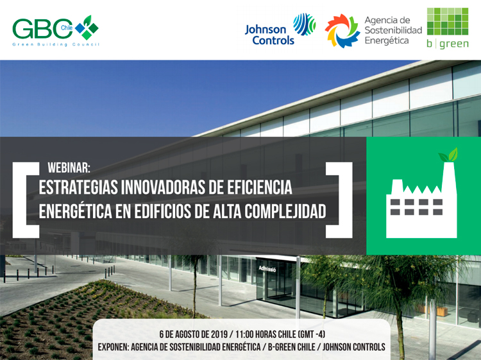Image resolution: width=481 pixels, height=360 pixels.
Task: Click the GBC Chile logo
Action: [56, 31]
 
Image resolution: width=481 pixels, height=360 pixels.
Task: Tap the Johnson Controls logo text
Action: [269, 35]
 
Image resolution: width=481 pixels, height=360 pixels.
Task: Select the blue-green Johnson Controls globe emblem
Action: [304, 24]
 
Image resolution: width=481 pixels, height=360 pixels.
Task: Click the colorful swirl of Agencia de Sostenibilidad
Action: [342, 31]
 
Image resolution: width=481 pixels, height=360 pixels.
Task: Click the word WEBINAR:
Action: [69, 167]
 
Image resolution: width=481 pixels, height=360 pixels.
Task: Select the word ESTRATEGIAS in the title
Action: [78, 187]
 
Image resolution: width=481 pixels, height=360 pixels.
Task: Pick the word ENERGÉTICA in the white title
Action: [75, 211]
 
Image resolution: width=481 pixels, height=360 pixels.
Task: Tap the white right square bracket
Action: [339, 200]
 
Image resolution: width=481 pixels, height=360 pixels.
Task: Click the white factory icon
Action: [421, 200]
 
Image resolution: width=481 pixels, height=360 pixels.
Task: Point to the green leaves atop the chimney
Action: [448, 155]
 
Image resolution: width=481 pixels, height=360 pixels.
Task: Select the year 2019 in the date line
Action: [217, 334]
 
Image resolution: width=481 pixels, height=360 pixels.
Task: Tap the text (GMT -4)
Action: [311, 334]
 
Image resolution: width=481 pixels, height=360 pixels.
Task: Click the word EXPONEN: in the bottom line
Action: [113, 347]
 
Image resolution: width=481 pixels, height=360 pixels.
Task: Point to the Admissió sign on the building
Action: [267, 269]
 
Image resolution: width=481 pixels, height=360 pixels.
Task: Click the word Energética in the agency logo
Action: [387, 41]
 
